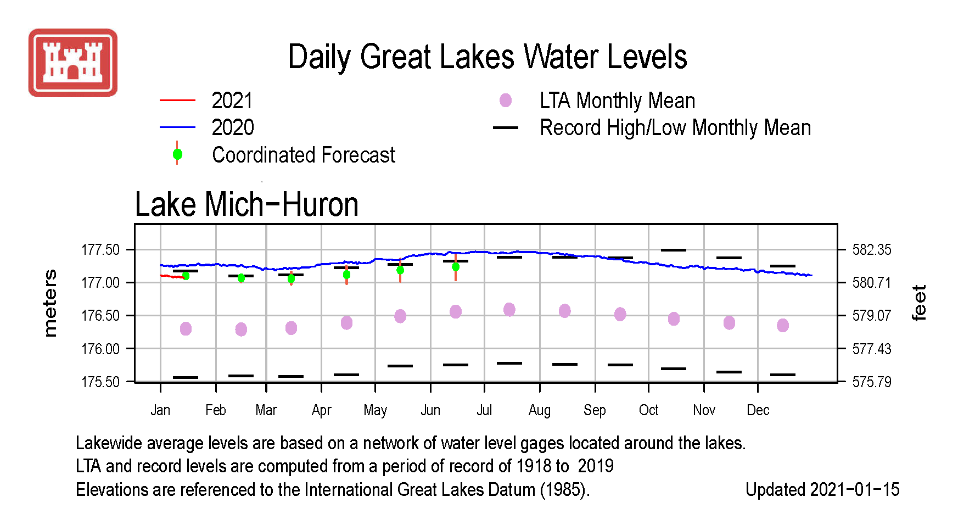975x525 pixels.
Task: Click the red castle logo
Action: (x=73, y=63)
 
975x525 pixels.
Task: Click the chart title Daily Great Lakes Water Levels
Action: (x=487, y=57)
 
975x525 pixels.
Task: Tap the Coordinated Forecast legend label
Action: (x=304, y=155)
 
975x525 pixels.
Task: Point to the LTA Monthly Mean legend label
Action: (x=618, y=100)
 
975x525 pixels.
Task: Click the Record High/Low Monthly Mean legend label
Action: (x=675, y=127)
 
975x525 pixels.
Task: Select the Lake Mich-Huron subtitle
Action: (x=246, y=204)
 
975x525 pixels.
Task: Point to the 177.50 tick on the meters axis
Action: (x=100, y=250)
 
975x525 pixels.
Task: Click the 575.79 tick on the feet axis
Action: (x=872, y=382)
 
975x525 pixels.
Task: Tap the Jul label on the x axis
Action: (x=484, y=410)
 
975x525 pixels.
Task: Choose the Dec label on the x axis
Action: (x=758, y=410)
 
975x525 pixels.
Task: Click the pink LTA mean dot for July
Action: (x=509, y=310)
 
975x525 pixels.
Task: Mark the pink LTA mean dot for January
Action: (x=186, y=328)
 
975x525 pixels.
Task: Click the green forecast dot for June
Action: (x=456, y=267)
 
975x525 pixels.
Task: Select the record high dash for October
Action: (x=674, y=250)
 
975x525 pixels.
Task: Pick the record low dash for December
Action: (x=783, y=375)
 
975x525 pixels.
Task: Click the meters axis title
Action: (x=50, y=303)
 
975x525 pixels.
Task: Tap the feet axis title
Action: (x=918, y=303)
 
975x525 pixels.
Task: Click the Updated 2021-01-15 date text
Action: (x=822, y=489)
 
